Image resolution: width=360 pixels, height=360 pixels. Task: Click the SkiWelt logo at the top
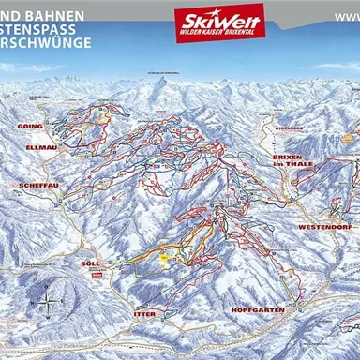[x=218, y=18]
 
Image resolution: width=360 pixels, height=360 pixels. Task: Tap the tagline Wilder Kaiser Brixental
[x=218, y=34]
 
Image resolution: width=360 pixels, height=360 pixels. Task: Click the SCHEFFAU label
[x=39, y=186]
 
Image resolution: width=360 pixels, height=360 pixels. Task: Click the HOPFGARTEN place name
[x=255, y=309]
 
